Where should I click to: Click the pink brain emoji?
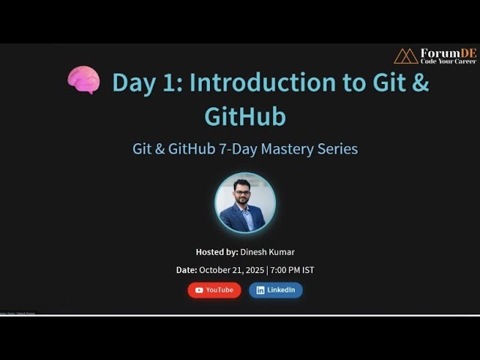[x=83, y=80]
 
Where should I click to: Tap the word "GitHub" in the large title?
[x=245, y=116]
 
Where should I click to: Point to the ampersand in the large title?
[x=420, y=82]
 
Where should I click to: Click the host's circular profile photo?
[x=245, y=203]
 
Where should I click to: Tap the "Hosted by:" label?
[x=217, y=252]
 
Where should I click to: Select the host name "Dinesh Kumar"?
[x=268, y=252]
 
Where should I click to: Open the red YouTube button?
[x=214, y=290]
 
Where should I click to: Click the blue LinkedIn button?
[x=276, y=290]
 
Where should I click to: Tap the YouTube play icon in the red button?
[x=199, y=290]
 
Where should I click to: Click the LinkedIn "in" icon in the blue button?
[x=261, y=290]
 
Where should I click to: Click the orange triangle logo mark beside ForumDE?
[x=406, y=56]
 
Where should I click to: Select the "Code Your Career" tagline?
[x=448, y=61]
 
